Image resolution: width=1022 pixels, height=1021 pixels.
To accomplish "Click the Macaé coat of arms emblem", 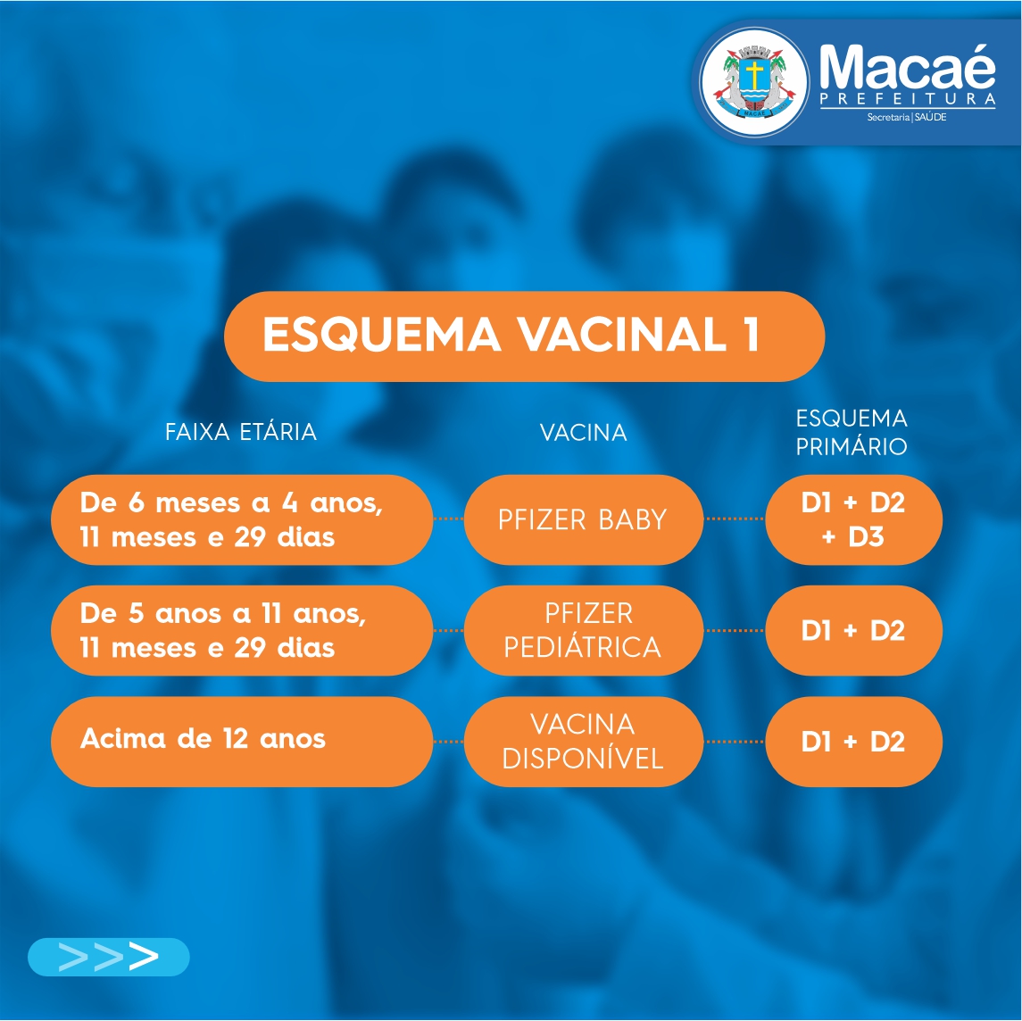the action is coord(754,83).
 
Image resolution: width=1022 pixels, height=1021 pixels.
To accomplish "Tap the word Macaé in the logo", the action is coord(907,67).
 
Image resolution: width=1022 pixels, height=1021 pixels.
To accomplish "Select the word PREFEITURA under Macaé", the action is coord(907,99).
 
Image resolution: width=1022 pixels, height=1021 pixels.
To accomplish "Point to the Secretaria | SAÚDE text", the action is coord(907,117).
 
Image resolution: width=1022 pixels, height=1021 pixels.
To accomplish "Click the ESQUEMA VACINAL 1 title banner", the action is coord(524,336).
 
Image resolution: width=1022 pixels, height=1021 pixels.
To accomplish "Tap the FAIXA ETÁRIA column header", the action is coord(240,432).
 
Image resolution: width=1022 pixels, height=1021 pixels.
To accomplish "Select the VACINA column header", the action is coord(584,433).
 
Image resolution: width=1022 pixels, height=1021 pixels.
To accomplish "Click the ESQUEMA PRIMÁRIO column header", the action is coord(852,432).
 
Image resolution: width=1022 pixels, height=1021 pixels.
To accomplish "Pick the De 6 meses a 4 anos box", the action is coord(242,520).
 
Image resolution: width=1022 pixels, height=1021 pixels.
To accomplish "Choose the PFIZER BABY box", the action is coord(584,520).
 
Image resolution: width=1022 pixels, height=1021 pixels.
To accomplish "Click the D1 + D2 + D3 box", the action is coord(853,520).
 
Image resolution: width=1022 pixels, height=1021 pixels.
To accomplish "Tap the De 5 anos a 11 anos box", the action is coord(242,631).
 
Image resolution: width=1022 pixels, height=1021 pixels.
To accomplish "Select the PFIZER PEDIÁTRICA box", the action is coord(584,631).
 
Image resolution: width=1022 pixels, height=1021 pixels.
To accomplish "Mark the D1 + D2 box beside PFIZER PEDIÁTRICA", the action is coord(853,631).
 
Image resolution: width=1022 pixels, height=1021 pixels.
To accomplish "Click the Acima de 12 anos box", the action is coord(242,742).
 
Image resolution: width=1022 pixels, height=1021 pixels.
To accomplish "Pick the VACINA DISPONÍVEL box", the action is coord(584,742).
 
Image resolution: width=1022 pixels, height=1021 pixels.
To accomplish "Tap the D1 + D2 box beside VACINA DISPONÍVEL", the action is coord(853,742).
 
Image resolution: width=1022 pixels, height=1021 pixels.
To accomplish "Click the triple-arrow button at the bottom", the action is coord(108,957).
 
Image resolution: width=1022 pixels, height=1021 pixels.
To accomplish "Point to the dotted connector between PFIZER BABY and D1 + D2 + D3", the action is coord(735,519).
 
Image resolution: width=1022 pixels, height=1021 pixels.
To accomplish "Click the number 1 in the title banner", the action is coord(752,335).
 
